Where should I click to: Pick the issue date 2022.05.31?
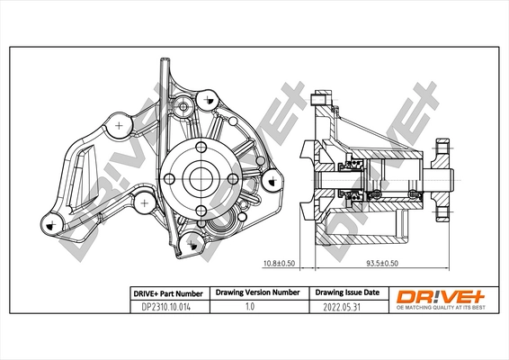coord(345,307)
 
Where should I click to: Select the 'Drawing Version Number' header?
coord(256,293)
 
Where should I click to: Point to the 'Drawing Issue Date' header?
coord(346,293)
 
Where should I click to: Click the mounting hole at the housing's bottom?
coord(192,241)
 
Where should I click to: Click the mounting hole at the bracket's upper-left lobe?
coord(119,125)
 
